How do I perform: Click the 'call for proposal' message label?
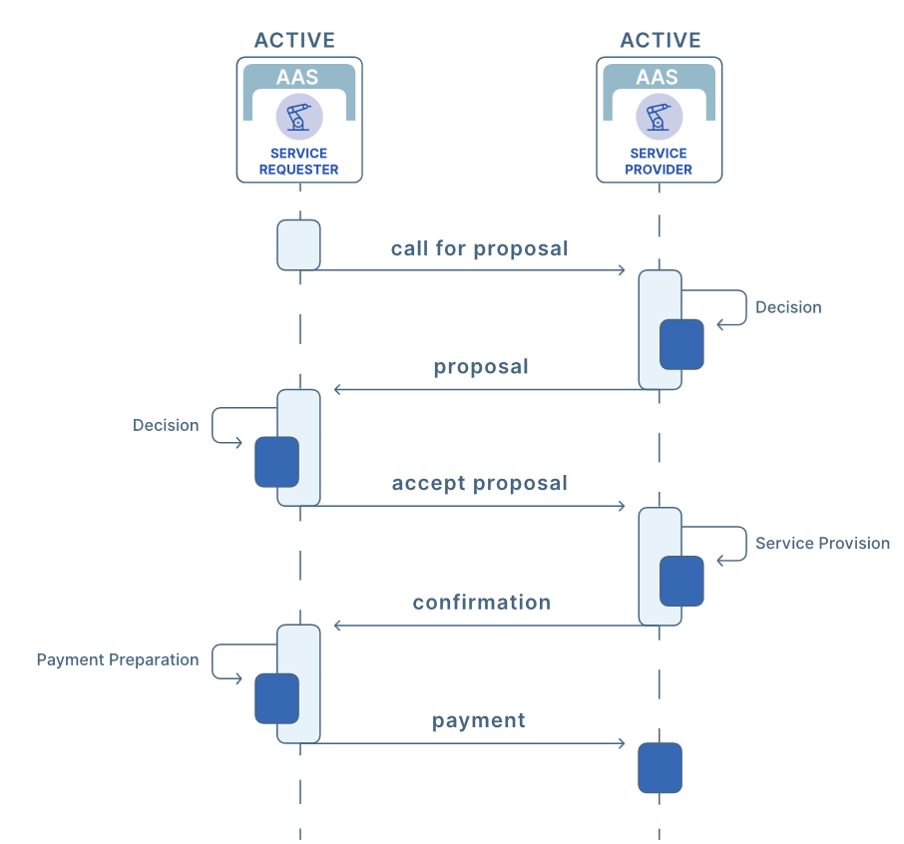[x=479, y=249]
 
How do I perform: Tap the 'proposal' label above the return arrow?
[x=481, y=367]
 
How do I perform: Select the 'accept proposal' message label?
[x=480, y=483]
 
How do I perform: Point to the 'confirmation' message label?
[x=481, y=603]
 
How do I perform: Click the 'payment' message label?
[x=479, y=720]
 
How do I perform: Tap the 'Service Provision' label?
[x=822, y=543]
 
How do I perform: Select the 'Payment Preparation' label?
[x=118, y=660]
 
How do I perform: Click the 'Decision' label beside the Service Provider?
[x=788, y=307]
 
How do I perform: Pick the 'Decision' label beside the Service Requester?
[x=166, y=425]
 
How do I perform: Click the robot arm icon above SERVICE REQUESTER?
[x=299, y=117]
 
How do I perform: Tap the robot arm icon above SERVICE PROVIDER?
[x=659, y=117]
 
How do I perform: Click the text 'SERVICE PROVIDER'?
[x=659, y=162]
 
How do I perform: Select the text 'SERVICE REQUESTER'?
[x=298, y=162]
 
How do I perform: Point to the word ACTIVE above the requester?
[x=294, y=40]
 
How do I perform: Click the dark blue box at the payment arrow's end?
[x=661, y=768]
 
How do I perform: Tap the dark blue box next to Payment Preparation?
[x=276, y=698]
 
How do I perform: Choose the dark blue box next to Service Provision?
[x=681, y=581]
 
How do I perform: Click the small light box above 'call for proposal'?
[x=298, y=245]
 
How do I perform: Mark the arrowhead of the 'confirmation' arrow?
[x=335, y=626]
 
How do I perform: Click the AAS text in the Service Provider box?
[x=657, y=77]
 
